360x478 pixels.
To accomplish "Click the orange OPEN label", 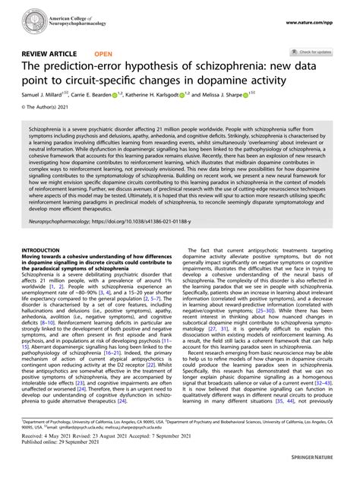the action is point(104,55).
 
